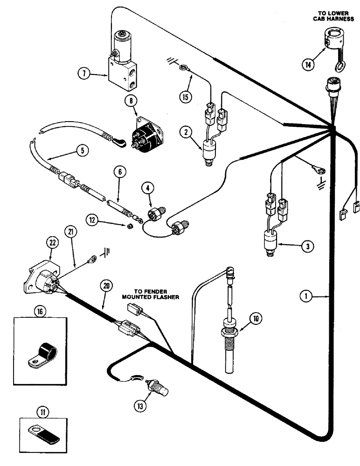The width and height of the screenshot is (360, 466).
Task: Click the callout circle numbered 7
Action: coord(84,73)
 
